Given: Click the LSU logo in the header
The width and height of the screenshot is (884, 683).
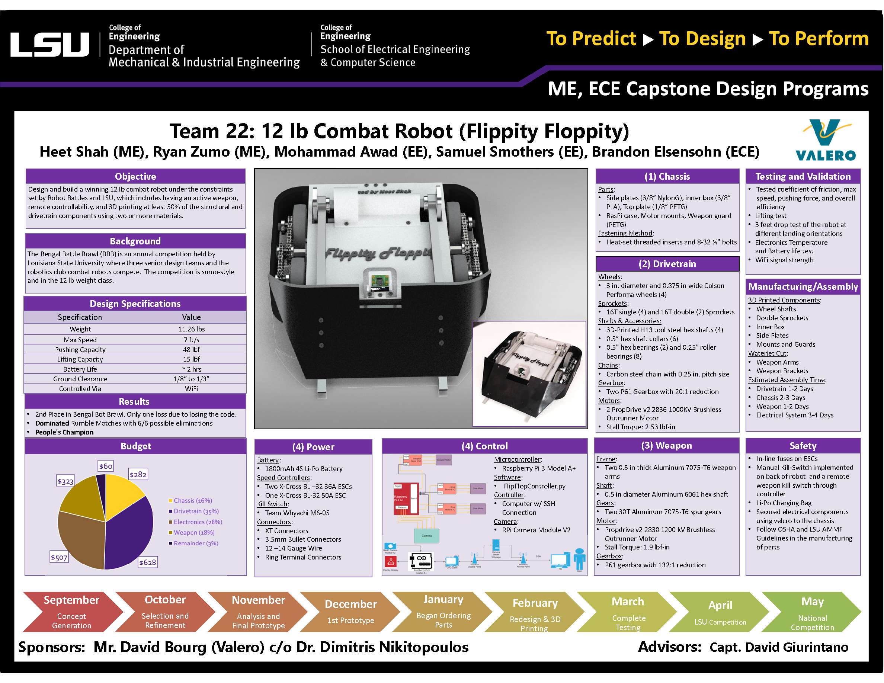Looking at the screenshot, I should (49, 45).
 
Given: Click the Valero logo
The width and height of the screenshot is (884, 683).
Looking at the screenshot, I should (825, 140).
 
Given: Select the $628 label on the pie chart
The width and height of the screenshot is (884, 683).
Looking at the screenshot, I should (147, 562).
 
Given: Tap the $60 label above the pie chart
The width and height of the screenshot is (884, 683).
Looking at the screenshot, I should (106, 466).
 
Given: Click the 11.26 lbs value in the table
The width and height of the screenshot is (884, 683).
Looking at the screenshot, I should (192, 329).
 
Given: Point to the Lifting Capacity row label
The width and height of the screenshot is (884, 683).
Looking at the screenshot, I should (80, 359).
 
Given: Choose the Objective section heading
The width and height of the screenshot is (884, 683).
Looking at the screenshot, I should (135, 176).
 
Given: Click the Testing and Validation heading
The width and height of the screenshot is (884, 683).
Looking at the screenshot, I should (803, 176).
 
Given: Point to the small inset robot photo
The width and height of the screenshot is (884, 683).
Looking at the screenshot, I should (529, 373).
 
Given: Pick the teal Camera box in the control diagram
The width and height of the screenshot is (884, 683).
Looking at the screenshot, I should (426, 536).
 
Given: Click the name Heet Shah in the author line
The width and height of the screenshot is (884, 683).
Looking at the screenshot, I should (74, 152).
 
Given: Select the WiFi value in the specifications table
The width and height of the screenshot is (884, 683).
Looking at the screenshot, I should (192, 389).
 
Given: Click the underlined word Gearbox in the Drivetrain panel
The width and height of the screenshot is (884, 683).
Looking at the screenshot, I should (611, 383).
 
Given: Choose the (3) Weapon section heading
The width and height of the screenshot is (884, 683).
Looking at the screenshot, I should (666, 446).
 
